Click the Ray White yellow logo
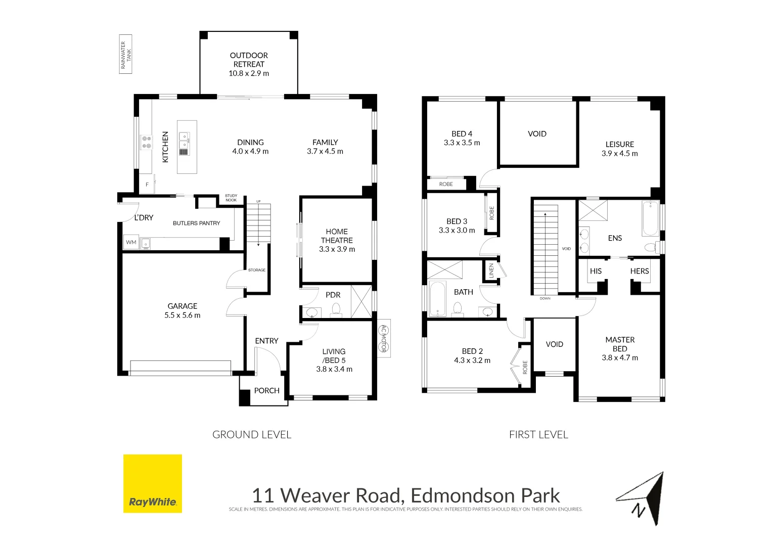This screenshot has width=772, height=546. pos(152,483)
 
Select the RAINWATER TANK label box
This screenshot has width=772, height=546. pos(125,54)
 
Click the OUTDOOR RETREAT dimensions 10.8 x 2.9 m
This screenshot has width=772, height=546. pos(249,73)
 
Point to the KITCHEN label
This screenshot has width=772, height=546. pos(165,147)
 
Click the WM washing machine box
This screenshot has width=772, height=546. pos(131,243)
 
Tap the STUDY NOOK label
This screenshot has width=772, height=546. pos(231,198)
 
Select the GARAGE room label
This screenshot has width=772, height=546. pos(183,306)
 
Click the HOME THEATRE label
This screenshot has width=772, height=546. pos(337,236)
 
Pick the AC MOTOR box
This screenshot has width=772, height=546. pos(384,338)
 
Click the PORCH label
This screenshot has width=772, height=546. pos(266,391)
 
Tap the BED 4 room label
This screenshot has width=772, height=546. pos(462,134)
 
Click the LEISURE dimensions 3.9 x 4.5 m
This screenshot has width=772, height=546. pos(619,154)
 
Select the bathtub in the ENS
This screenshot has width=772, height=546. pos(651,218)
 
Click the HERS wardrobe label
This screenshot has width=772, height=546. pos(639,271)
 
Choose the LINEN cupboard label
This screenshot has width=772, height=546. pos(491,270)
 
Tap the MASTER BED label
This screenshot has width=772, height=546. pos(620,344)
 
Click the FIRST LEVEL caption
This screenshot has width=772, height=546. pos(538,435)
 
